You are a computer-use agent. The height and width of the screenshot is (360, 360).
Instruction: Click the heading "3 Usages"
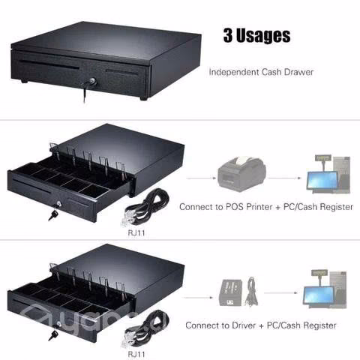point(256,36)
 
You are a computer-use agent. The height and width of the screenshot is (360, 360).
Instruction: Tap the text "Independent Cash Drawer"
point(261,72)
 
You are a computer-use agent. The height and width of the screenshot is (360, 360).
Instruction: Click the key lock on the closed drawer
point(93,81)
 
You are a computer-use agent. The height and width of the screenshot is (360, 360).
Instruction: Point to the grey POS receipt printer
point(241,174)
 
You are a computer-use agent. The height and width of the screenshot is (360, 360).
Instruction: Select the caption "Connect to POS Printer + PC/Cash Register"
point(266,207)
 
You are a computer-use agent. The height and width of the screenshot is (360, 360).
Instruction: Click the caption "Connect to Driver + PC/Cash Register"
point(261,325)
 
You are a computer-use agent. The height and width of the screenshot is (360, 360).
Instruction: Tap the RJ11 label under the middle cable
point(136,233)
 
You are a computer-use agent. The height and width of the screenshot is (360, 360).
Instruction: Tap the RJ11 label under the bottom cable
point(136,354)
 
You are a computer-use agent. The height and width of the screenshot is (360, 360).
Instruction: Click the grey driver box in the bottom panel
point(230,292)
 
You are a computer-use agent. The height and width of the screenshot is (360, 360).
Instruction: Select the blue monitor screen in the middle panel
point(322,180)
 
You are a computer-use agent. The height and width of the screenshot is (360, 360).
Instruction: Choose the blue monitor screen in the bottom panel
point(319,295)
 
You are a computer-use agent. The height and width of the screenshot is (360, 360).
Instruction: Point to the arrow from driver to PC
point(280,292)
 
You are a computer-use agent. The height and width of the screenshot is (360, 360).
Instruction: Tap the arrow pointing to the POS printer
point(201,178)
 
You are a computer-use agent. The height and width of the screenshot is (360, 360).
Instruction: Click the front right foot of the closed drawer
point(143,98)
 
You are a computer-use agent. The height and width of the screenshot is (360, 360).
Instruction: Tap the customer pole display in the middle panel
point(323,157)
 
